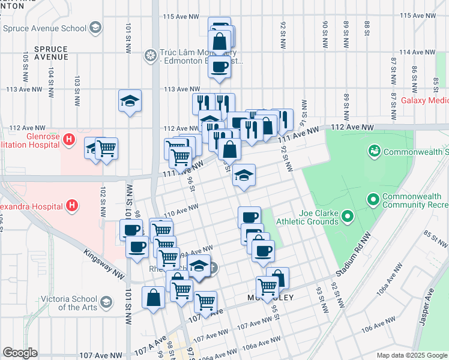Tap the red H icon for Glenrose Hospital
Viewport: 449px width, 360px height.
(x=70, y=140)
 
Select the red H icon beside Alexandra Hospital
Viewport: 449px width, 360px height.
(x=72, y=206)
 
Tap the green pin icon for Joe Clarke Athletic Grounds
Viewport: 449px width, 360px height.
(x=346, y=217)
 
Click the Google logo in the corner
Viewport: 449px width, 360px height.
(x=20, y=353)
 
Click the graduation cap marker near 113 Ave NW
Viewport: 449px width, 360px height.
(x=129, y=101)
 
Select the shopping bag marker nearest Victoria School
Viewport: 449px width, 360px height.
(x=154, y=296)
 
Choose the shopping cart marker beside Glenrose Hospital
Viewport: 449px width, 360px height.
(x=107, y=147)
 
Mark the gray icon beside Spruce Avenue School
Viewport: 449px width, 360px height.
(x=94, y=28)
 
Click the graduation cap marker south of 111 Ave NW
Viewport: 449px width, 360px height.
(x=244, y=175)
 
